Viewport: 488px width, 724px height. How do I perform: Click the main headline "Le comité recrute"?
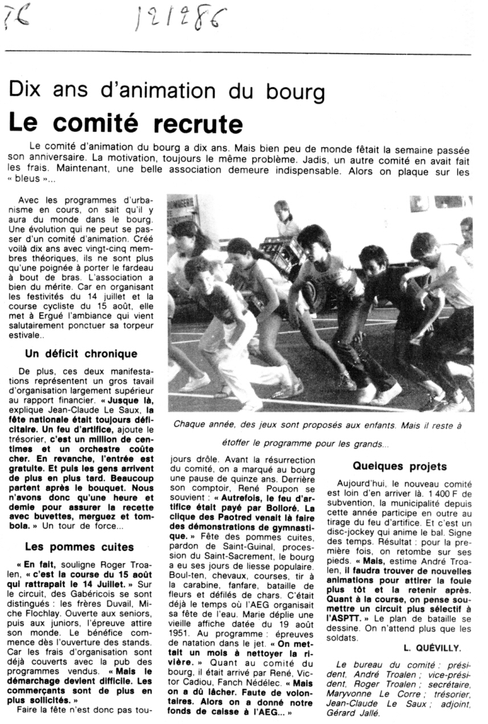[x=125, y=123]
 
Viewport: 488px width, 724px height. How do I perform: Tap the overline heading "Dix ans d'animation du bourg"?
[x=168, y=92]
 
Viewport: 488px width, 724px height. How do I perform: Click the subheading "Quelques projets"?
[x=400, y=466]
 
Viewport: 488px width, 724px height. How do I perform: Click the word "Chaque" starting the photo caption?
[x=189, y=424]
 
